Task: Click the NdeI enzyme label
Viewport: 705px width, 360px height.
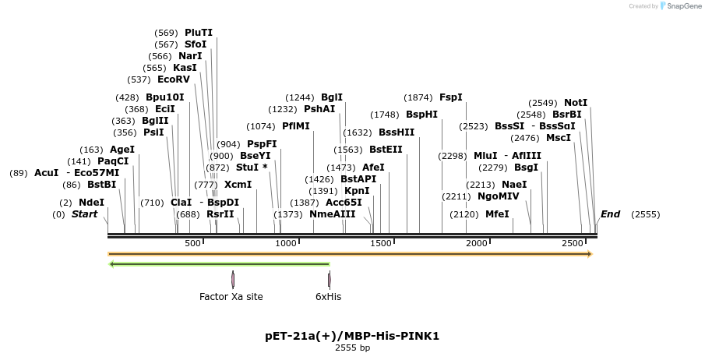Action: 91,202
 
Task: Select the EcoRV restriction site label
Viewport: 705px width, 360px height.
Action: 173,79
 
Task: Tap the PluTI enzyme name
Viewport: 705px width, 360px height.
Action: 199,33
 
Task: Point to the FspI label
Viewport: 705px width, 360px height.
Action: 451,97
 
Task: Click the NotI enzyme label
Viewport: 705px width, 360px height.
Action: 576,102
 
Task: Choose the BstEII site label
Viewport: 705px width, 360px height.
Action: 386,149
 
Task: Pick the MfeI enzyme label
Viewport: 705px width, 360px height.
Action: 497,214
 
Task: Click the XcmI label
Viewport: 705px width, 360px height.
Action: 238,185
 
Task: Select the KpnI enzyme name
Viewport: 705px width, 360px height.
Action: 357,190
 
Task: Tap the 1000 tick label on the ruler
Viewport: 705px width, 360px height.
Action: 287,244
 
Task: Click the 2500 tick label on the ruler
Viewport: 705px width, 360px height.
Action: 573,244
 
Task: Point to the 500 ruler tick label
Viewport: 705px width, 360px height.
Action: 193,244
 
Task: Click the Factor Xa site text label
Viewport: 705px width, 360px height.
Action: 231,296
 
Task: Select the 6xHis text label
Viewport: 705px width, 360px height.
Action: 329,296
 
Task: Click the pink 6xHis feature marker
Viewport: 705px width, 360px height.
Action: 330,279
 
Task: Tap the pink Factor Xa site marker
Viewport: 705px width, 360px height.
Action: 233,279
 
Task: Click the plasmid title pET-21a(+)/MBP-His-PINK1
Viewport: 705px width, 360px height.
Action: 352,336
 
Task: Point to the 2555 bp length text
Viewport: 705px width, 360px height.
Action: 352,348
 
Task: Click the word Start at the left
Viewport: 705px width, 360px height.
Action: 85,214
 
